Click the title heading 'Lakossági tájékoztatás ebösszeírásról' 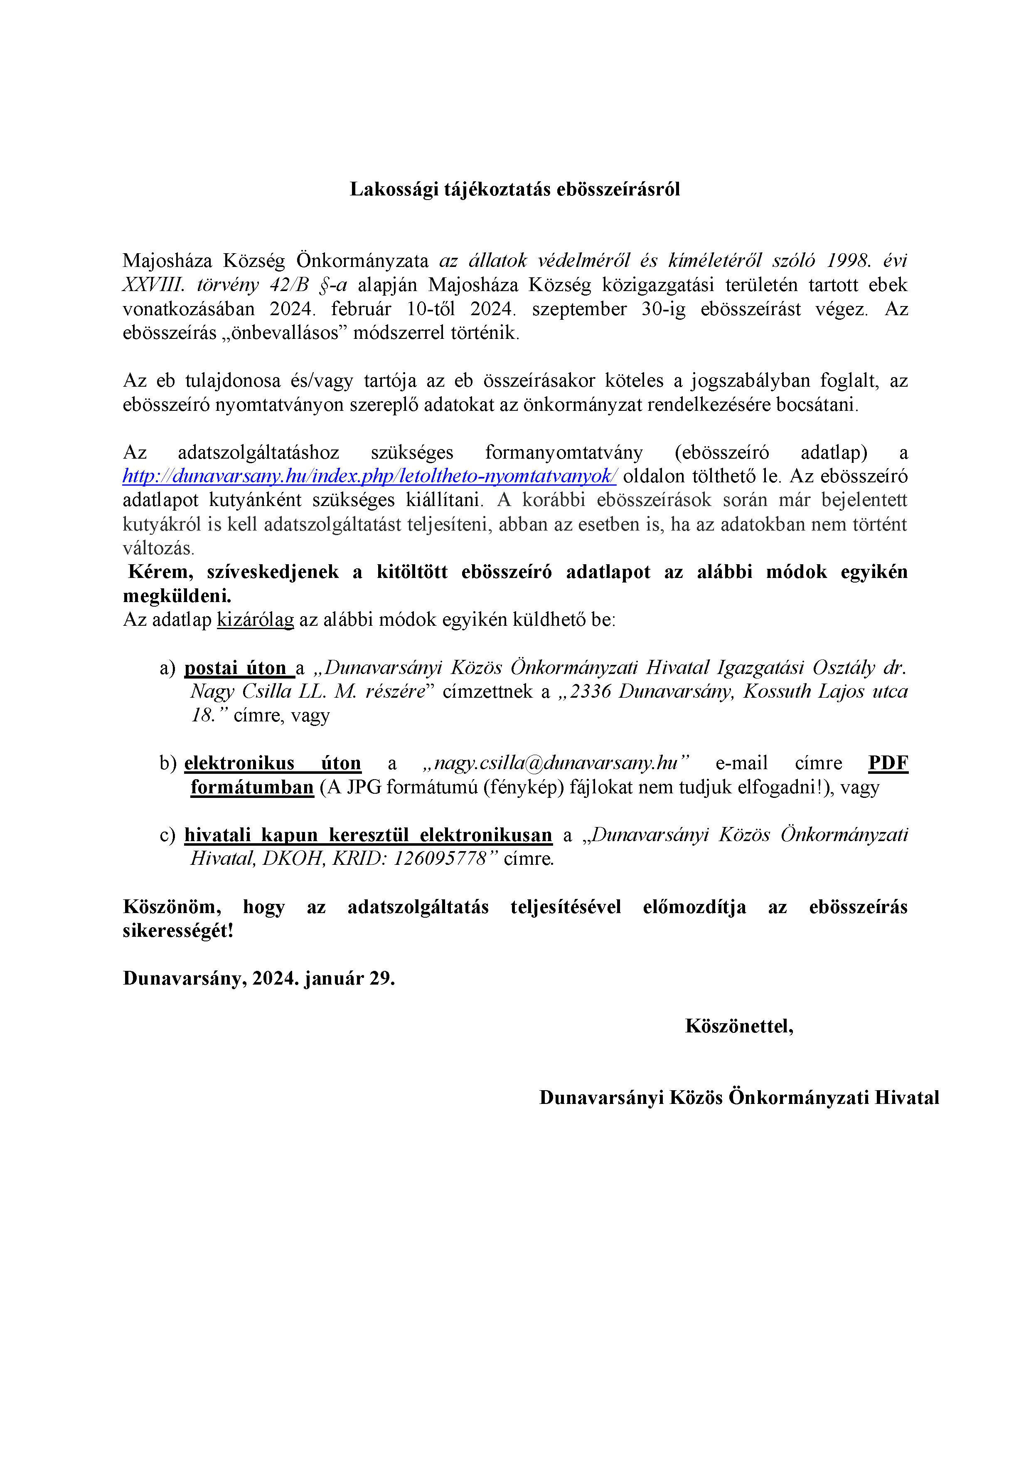tap(514, 189)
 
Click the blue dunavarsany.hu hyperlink tap(369, 476)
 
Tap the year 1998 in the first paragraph tap(848, 261)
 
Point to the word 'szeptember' tap(579, 309)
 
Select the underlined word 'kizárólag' tap(256, 620)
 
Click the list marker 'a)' tap(167, 668)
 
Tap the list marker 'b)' tap(167, 763)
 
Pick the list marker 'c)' tap(167, 835)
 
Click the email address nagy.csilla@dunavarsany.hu tap(556, 763)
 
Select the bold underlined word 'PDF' tap(888, 763)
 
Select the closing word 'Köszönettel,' tap(739, 1026)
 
